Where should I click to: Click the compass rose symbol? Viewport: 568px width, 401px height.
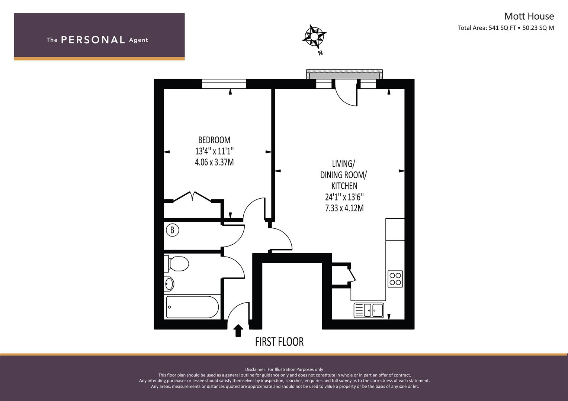pos(314,37)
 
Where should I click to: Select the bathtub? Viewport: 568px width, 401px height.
pos(192,307)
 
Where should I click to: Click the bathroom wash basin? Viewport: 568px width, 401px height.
pos(169,284)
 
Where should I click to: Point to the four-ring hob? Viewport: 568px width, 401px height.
pos(395,279)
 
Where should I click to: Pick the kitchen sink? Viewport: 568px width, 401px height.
pos(369,310)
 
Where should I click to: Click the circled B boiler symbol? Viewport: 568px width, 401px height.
pos(173,230)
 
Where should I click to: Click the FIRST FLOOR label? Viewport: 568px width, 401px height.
pos(279,342)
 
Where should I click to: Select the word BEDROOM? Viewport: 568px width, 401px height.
pos(214,140)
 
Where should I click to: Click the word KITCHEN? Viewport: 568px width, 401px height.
pos(344,186)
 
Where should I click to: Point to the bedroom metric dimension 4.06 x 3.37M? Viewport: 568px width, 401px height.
pos(214,162)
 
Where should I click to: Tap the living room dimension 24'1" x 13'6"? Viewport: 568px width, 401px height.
pos(344,197)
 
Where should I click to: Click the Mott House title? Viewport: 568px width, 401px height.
pos(529,16)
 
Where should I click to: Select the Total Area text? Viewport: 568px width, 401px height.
pos(506,28)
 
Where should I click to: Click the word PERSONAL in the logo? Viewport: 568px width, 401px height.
pos(93,40)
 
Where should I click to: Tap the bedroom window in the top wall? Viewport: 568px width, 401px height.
pos(224,84)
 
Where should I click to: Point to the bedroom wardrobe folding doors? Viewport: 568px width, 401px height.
pos(192,197)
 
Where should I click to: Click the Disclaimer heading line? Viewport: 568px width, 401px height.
pos(284,369)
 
